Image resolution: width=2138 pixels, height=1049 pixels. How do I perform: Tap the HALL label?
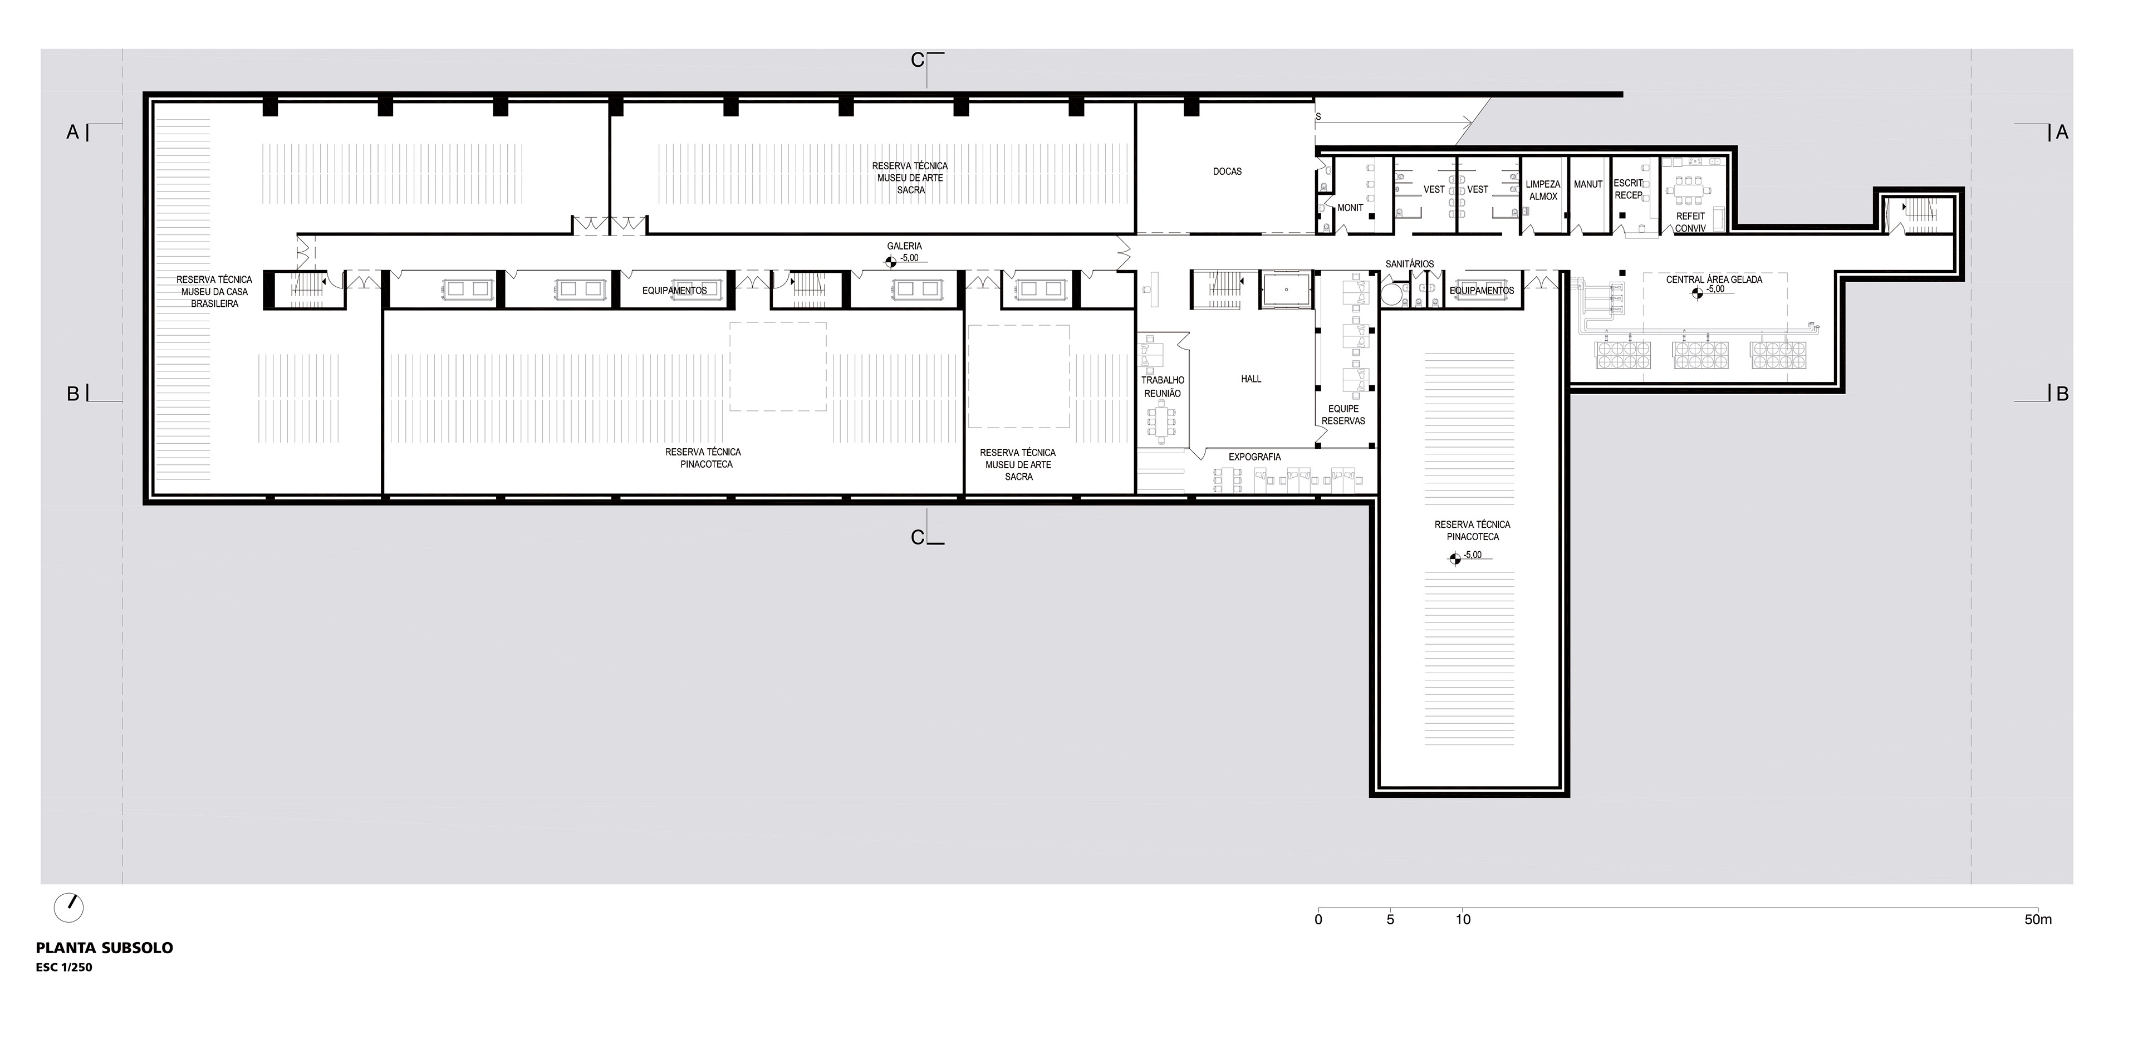pos(1251,379)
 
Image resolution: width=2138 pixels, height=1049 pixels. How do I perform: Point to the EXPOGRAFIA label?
pos(1255,457)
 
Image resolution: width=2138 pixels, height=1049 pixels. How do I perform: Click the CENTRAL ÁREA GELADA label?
pos(1714,280)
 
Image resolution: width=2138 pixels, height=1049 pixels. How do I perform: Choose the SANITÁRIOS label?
pos(1409,264)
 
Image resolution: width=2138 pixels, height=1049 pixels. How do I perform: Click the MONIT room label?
pos(1350,208)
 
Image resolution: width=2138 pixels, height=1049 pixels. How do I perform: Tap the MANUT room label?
pos(1588,184)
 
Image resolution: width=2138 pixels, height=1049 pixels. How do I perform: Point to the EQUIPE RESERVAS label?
pos(1343,415)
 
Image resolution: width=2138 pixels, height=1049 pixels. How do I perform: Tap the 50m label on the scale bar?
pos(2038,919)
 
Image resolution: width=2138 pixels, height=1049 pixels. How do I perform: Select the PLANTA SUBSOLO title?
pos(105,948)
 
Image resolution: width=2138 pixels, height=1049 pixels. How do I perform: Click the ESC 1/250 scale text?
pos(64,968)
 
